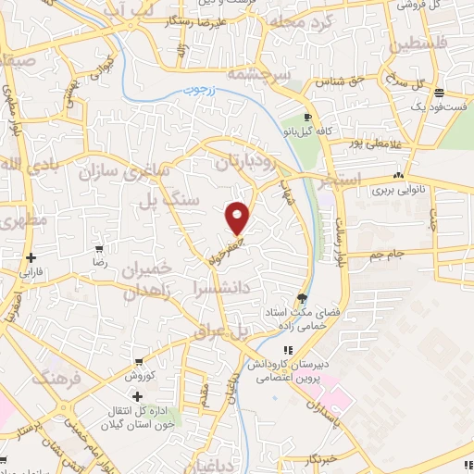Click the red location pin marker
click(238, 218)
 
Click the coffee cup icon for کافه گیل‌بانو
click(309, 118)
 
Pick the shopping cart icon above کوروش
click(138, 362)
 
